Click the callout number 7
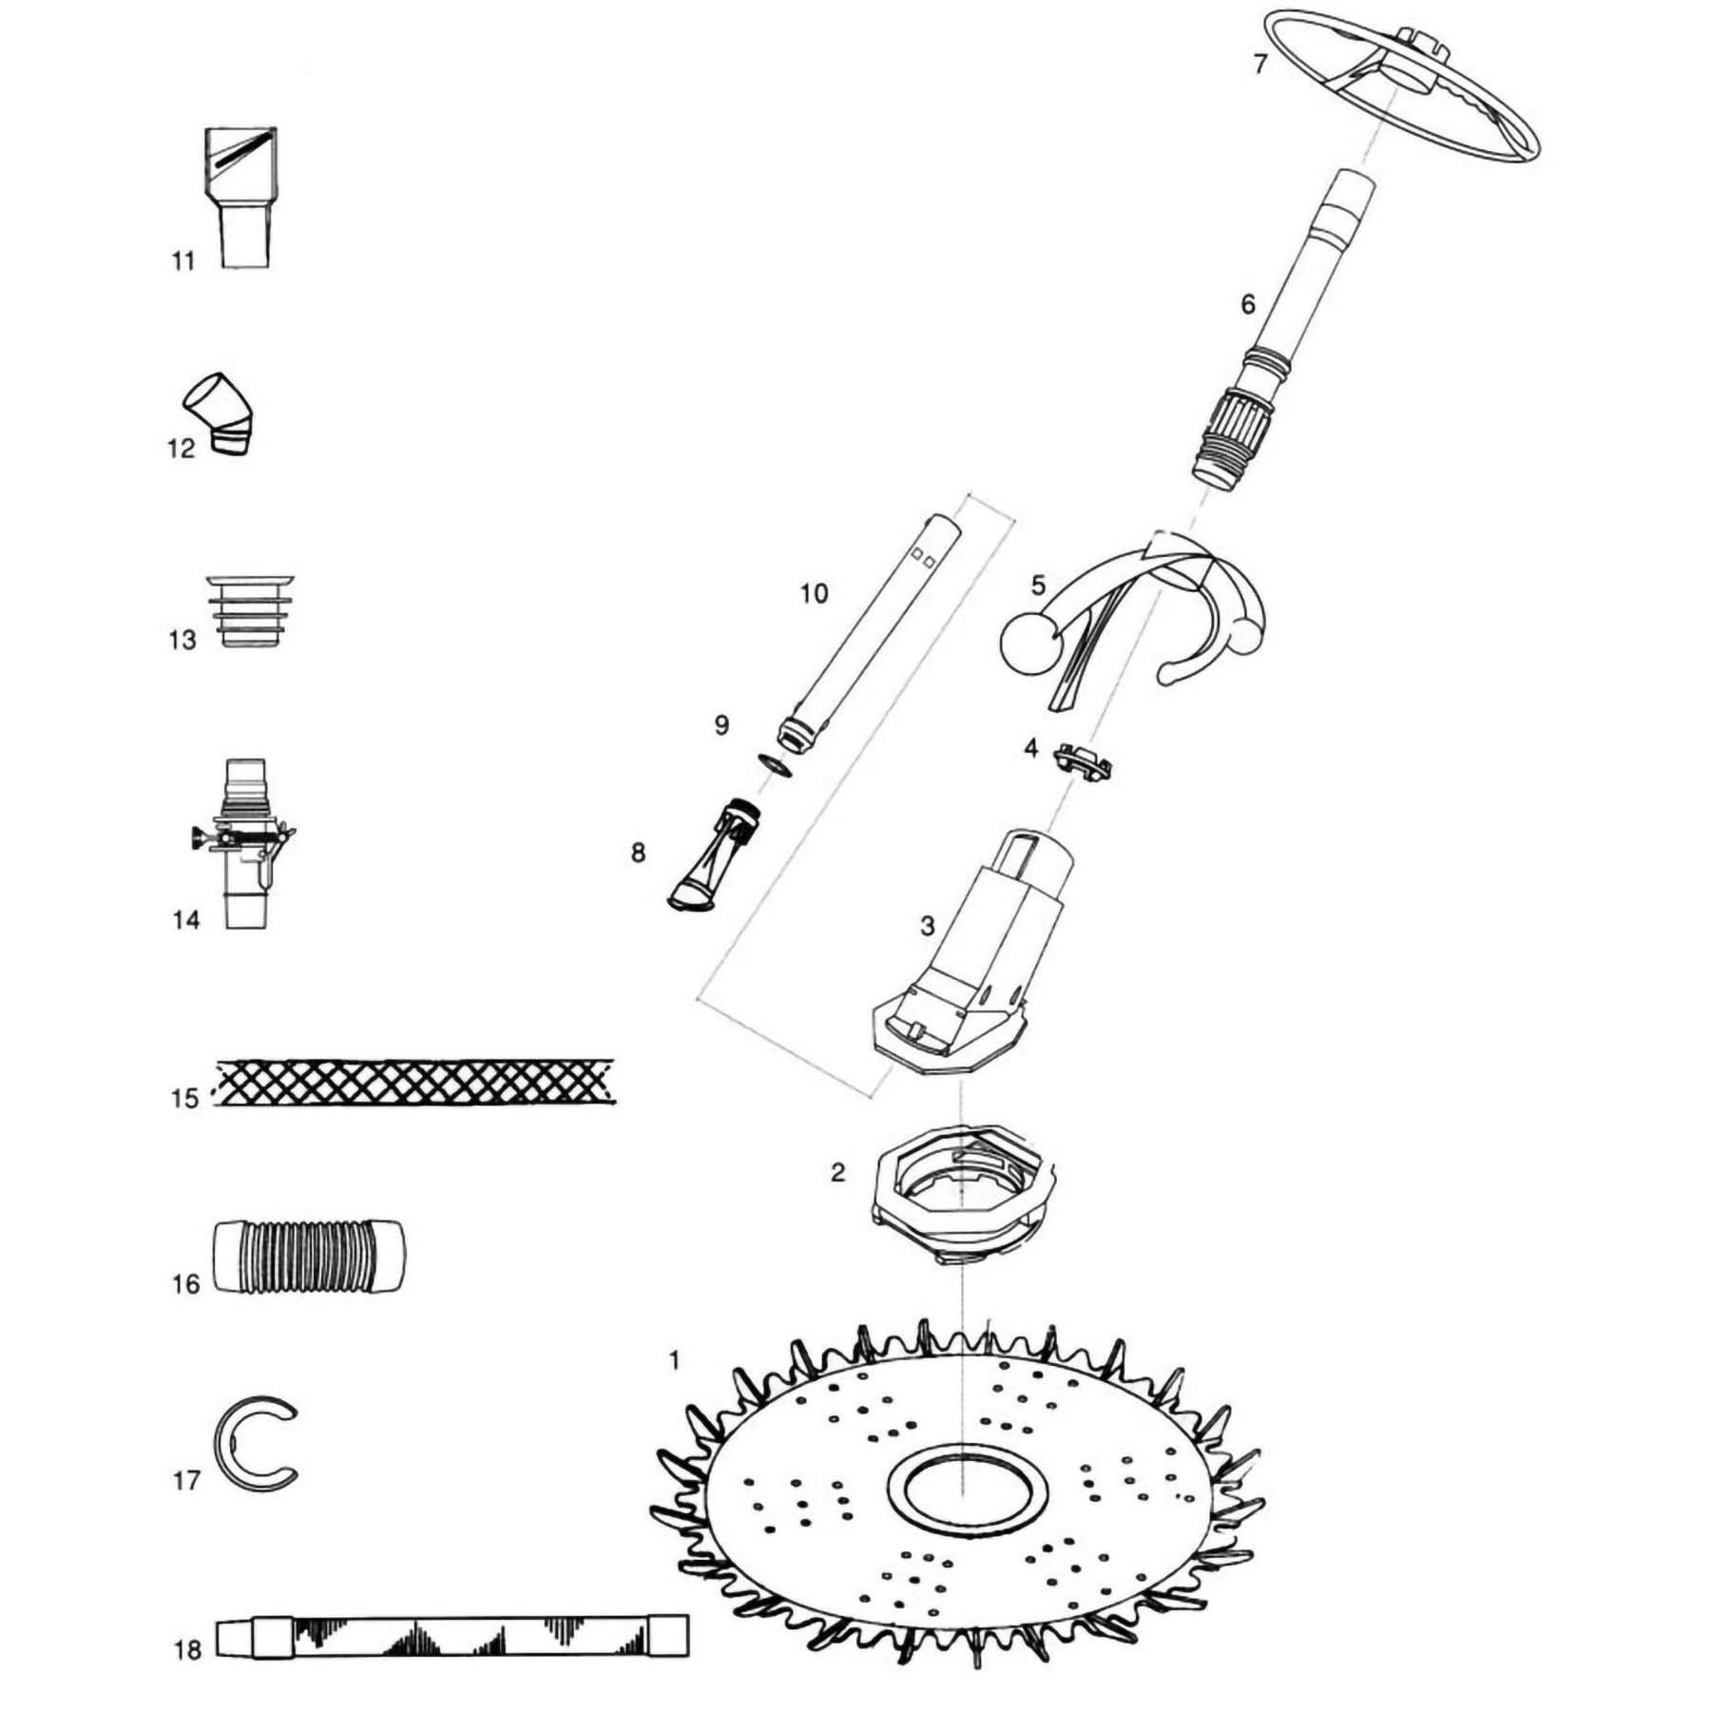click(x=1260, y=64)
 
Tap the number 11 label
click(x=183, y=260)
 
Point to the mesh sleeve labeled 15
click(x=414, y=1082)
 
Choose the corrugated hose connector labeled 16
click(x=306, y=1256)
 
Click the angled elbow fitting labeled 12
click(x=221, y=415)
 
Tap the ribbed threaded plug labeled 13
click(x=250, y=610)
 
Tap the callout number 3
click(x=927, y=925)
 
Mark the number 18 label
click(x=187, y=1649)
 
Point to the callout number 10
click(x=814, y=594)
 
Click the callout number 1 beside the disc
click(x=674, y=1360)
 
